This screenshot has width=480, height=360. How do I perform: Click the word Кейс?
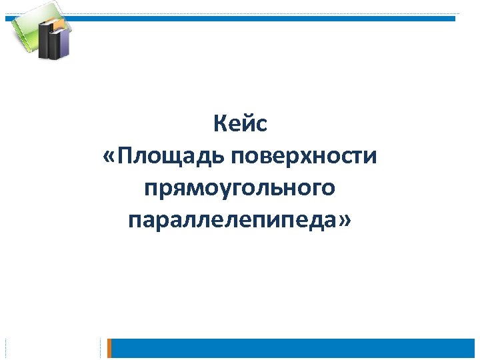[240, 124]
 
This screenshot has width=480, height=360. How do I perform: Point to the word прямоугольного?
[239, 189]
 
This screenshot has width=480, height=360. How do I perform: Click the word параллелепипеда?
[231, 220]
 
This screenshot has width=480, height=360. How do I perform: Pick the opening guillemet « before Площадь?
[109, 158]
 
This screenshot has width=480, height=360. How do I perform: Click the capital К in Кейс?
[219, 124]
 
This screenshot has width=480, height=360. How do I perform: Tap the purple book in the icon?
[63, 41]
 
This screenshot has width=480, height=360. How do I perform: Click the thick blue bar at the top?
[267, 19]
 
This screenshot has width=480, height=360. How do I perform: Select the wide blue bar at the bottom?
[293, 348]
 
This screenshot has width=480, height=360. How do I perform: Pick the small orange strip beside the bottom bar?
[110, 348]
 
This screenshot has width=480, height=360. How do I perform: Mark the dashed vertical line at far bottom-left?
[5, 348]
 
